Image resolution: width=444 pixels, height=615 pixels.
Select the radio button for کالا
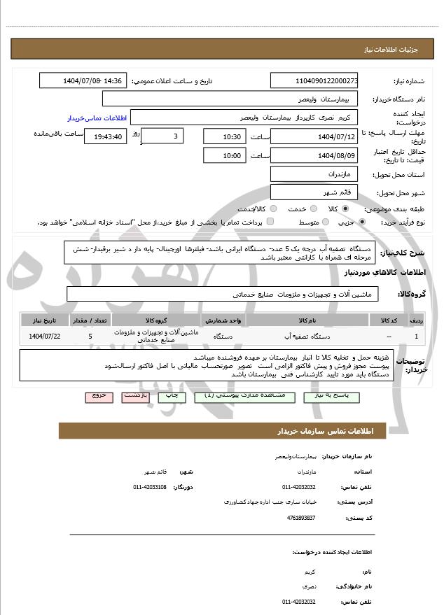345,208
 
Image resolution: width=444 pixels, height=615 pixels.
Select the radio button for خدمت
312,208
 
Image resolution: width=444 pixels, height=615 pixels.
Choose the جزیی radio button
361,222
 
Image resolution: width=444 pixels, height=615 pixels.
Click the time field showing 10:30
224,136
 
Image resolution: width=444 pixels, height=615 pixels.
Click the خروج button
99,396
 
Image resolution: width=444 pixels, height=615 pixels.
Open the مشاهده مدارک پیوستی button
235,396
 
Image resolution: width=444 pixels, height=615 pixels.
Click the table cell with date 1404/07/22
45,337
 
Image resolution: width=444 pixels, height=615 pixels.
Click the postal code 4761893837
301,517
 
